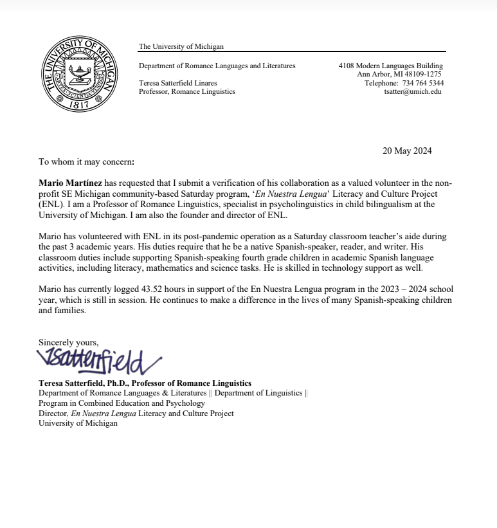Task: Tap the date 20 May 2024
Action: click(x=407, y=151)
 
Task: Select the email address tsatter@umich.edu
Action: click(x=412, y=91)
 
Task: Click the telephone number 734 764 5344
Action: click(x=422, y=83)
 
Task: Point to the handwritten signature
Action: click(x=99, y=361)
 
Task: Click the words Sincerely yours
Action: click(x=68, y=342)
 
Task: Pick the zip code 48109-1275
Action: click(x=419, y=74)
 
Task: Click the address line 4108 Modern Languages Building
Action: click(x=390, y=66)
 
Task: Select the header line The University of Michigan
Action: click(x=181, y=46)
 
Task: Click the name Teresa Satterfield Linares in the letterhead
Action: click(x=178, y=83)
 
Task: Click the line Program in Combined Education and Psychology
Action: click(x=122, y=403)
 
